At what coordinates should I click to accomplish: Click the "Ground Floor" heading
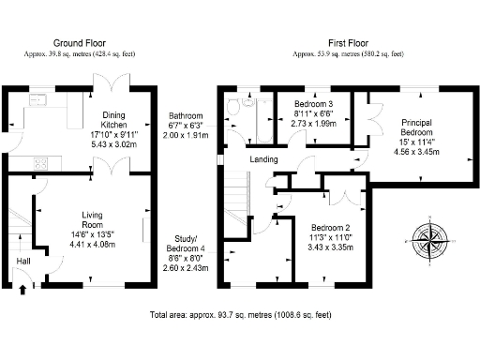pyautogui.click(x=79, y=43)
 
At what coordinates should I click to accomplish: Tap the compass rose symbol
pyautogui.click(x=430, y=241)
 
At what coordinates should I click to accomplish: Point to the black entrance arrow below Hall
pyautogui.click(x=22, y=291)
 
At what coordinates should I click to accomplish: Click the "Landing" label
pyautogui.click(x=262, y=159)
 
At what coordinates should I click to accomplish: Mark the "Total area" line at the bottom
pyautogui.click(x=240, y=317)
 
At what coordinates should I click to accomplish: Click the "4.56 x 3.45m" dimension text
pyautogui.click(x=415, y=151)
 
